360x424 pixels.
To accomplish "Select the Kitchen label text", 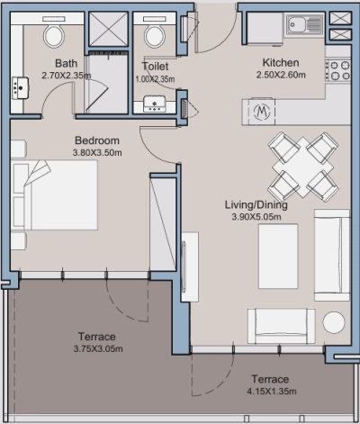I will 280,63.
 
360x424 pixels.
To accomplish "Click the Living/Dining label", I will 256,205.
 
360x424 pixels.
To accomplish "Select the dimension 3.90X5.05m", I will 256,217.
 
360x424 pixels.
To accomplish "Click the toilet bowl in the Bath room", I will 54,36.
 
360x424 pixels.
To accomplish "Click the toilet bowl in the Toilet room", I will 154,35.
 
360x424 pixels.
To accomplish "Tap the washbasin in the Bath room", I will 20,87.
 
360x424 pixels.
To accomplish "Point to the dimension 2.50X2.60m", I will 280,75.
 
